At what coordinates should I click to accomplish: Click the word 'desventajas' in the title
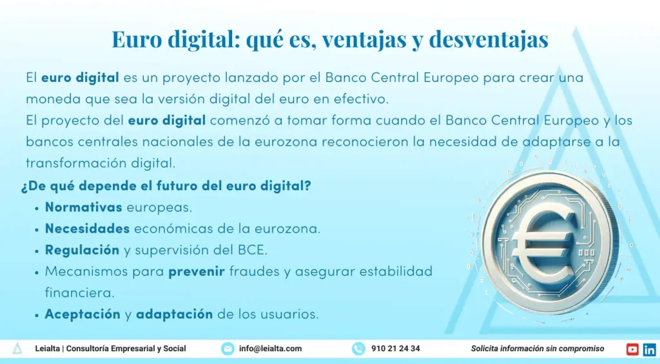click(x=489, y=39)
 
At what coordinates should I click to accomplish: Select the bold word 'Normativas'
click(x=83, y=207)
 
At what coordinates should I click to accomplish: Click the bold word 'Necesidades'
click(x=87, y=229)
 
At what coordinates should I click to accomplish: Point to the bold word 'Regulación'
click(x=82, y=251)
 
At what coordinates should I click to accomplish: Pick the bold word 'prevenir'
click(x=197, y=271)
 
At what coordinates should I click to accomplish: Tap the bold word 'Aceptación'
click(x=82, y=314)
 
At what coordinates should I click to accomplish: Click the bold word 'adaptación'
click(x=174, y=314)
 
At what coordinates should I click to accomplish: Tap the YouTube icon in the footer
click(x=632, y=349)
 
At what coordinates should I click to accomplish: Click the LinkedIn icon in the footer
click(x=650, y=349)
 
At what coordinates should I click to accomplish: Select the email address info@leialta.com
click(x=270, y=349)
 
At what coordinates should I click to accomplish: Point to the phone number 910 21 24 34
click(x=395, y=349)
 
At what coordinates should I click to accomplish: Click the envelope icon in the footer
click(x=228, y=349)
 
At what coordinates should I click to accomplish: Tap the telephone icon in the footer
click(x=358, y=349)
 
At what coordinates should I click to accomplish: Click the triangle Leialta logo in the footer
click(x=17, y=349)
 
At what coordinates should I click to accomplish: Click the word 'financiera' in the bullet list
click(x=79, y=293)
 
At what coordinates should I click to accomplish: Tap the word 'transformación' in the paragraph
click(x=76, y=163)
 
